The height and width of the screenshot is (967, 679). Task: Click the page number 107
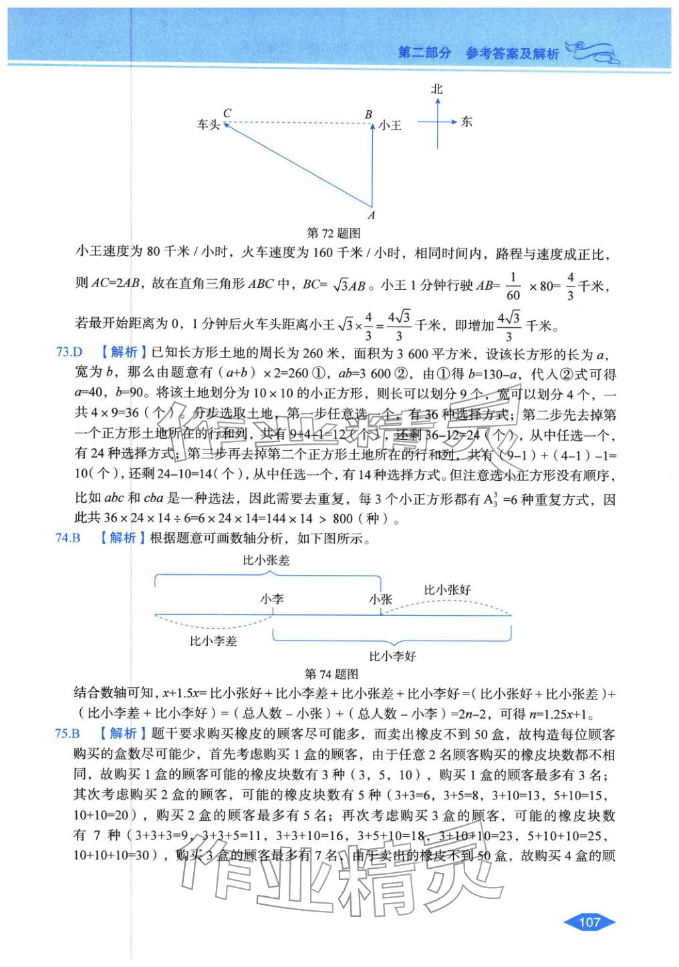tap(589, 922)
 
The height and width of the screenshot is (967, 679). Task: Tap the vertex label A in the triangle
tap(372, 215)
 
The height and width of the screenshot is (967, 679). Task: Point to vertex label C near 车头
tap(227, 113)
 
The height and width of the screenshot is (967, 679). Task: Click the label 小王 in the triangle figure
tap(390, 125)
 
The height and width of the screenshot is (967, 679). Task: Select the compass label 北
tap(437, 89)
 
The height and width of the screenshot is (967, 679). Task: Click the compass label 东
tap(466, 122)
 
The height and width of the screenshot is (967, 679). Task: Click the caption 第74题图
tap(331, 674)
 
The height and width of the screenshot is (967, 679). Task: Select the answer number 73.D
tap(68, 353)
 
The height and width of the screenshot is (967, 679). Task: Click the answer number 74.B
tap(68, 538)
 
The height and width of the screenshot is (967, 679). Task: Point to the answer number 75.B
tap(67, 733)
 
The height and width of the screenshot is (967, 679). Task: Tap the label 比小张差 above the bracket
tap(266, 560)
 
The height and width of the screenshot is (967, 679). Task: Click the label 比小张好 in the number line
tap(447, 590)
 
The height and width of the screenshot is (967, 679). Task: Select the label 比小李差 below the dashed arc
tap(213, 641)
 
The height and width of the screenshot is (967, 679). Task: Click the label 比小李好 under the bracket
tap(392, 656)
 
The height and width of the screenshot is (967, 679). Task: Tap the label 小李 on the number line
tap(272, 599)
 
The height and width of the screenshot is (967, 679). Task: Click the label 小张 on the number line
tap(380, 600)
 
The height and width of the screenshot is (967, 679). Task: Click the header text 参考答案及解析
tap(511, 53)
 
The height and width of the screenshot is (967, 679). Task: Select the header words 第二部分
tap(424, 53)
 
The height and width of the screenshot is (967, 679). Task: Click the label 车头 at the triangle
tap(208, 125)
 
